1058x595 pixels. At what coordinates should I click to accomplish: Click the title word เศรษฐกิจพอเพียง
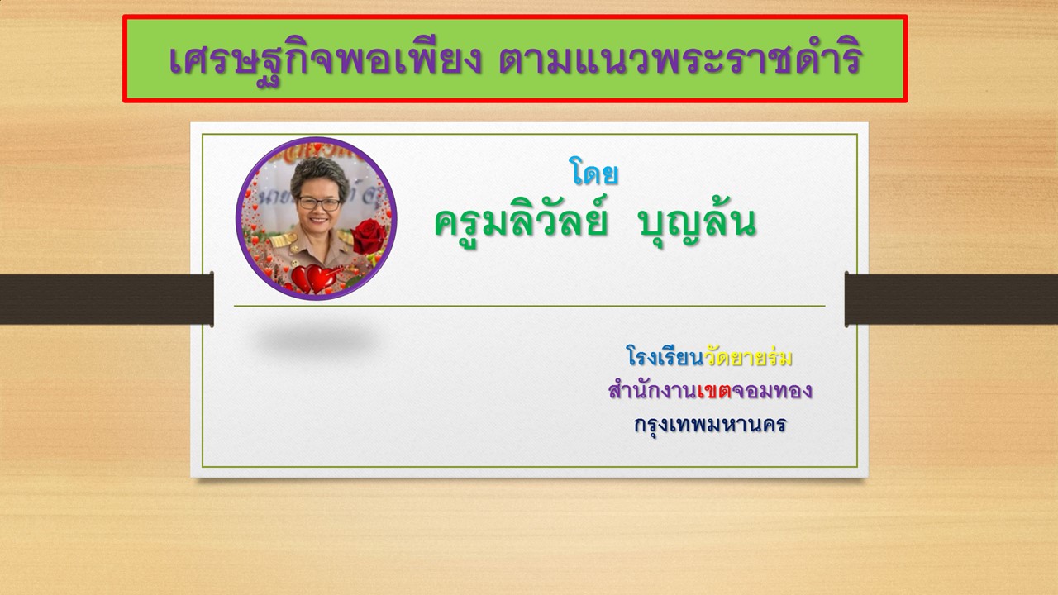tap(325, 60)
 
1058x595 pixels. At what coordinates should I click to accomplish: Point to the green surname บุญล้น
tap(697, 222)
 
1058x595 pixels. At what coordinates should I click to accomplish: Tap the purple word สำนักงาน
tap(653, 390)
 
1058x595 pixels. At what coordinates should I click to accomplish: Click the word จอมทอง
tap(772, 391)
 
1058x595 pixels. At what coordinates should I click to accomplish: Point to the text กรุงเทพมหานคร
tap(710, 425)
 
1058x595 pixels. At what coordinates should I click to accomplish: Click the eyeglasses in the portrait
tap(319, 204)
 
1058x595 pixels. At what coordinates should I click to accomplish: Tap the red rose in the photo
tap(369, 236)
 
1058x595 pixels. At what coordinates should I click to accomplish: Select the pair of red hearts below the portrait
tap(313, 278)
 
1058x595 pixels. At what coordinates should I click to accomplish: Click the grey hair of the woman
tap(319, 174)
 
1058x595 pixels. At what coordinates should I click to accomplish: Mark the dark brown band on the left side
tap(107, 299)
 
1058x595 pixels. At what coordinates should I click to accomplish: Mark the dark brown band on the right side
tap(951, 299)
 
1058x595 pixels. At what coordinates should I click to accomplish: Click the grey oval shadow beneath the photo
tap(316, 339)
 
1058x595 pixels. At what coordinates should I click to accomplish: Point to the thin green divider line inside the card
tap(530, 306)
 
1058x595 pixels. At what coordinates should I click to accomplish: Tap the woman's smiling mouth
tap(318, 220)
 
